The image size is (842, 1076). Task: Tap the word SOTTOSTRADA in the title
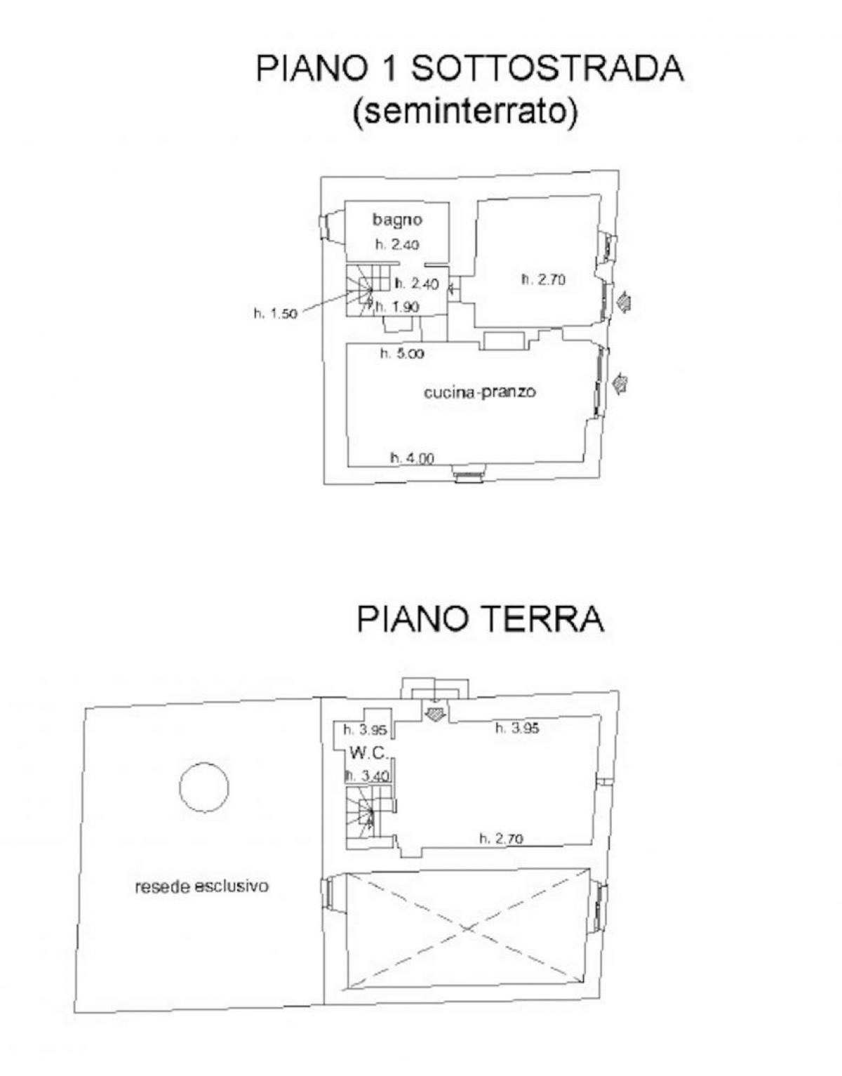pos(546,69)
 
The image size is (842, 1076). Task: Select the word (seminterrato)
pos(465,112)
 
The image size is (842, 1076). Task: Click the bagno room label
pos(397,219)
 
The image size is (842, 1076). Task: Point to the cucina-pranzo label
pos(479,391)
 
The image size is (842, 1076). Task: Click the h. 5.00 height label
pos(402,354)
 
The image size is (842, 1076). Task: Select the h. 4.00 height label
pos(412,458)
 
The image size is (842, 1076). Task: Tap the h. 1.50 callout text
pos(275,314)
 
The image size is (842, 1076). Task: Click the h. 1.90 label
pos(397,306)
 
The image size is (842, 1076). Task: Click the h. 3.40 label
pos(366,776)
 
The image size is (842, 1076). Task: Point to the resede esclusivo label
pos(201,886)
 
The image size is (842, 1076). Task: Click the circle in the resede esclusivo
pos(204,787)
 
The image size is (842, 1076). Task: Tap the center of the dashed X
pos(466,929)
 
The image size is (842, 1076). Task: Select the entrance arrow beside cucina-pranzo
pos(620,383)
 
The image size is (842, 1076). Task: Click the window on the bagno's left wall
pos(327,226)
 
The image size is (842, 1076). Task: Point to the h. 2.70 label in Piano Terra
pos(501,838)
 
